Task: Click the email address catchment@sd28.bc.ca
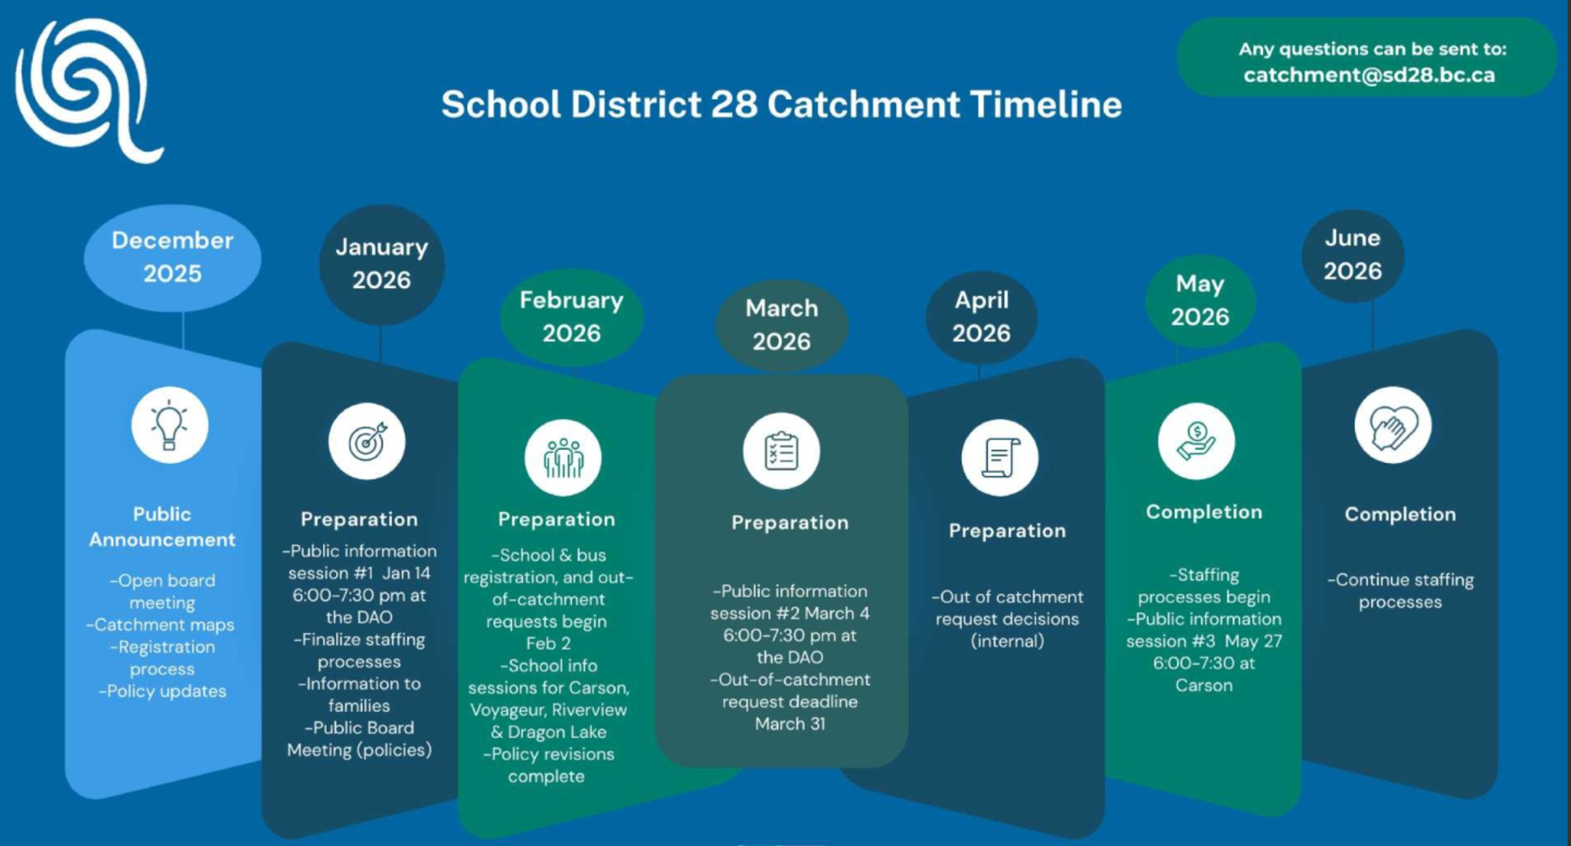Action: tap(1369, 75)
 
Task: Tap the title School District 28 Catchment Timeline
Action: tap(781, 105)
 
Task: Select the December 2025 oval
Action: tap(172, 257)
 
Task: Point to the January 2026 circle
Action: tap(382, 264)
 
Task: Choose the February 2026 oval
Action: tap(571, 316)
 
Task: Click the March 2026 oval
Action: tap(781, 325)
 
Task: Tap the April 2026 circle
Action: tap(981, 316)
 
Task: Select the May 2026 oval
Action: tap(1200, 300)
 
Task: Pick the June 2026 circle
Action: tap(1353, 255)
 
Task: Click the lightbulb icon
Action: tap(169, 425)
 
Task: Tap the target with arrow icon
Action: tap(366, 441)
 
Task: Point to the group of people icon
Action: tap(562, 458)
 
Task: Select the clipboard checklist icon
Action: tap(781, 451)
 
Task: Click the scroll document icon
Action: tap(1000, 458)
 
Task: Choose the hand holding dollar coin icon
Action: tap(1196, 441)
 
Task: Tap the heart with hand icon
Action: tap(1392, 425)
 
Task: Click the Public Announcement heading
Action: tap(162, 527)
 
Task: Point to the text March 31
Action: tap(790, 724)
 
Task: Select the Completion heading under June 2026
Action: tap(1400, 514)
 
